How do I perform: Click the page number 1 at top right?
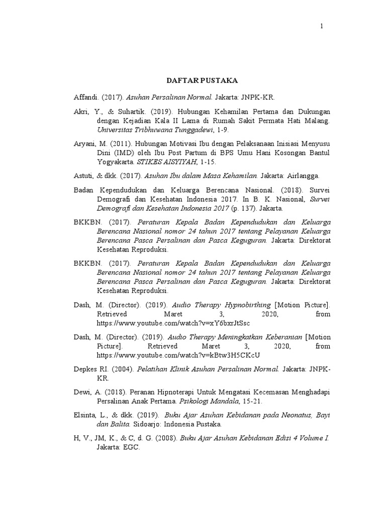coord(322,26)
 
